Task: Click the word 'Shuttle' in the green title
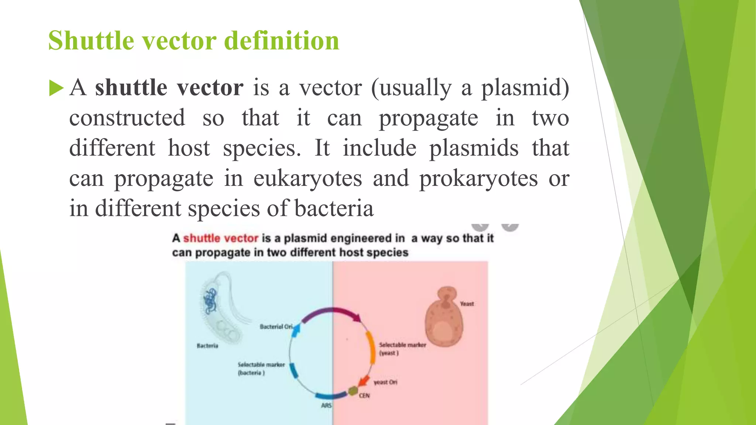point(91,41)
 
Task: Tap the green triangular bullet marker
point(56,89)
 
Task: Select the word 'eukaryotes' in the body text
point(307,179)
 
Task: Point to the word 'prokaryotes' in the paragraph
point(478,179)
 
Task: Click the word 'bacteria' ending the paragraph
point(334,209)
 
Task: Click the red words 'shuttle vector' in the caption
point(221,238)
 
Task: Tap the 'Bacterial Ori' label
point(276,326)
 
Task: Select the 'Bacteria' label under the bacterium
point(207,346)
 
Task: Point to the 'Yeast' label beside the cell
point(467,304)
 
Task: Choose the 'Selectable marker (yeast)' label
point(402,349)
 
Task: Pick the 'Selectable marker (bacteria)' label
point(261,369)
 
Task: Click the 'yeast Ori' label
point(385,382)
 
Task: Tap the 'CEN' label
point(364,395)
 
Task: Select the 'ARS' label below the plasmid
point(326,405)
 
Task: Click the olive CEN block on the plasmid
point(353,390)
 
